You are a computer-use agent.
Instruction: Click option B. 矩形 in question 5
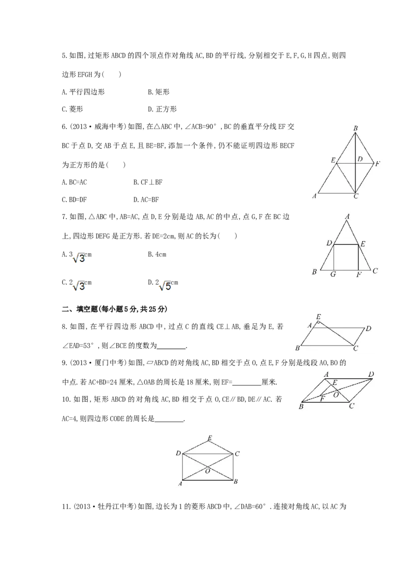[x=159, y=92]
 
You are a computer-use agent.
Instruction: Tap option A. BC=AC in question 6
[x=74, y=182]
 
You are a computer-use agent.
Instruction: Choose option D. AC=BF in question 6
[x=146, y=199]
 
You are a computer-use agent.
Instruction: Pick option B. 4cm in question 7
[x=157, y=254]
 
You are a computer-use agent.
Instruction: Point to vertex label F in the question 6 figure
[x=377, y=164]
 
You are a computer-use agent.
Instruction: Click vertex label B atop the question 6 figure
[x=355, y=128]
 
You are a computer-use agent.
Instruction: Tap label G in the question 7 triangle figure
[x=333, y=274]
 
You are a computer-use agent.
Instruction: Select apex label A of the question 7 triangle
[x=347, y=217]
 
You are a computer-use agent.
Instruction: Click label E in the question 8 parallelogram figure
[x=319, y=317]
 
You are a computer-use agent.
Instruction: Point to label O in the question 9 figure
[x=336, y=395]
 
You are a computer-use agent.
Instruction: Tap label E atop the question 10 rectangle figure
[x=210, y=438]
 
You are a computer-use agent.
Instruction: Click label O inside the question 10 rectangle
[x=208, y=471]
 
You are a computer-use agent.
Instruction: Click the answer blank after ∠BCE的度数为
[x=171, y=346]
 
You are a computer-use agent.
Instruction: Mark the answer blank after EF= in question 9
[x=247, y=382]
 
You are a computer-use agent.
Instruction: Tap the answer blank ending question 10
[x=169, y=419]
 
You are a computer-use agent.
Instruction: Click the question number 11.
[x=66, y=507]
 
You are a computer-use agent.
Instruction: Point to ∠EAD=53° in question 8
[x=79, y=346]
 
